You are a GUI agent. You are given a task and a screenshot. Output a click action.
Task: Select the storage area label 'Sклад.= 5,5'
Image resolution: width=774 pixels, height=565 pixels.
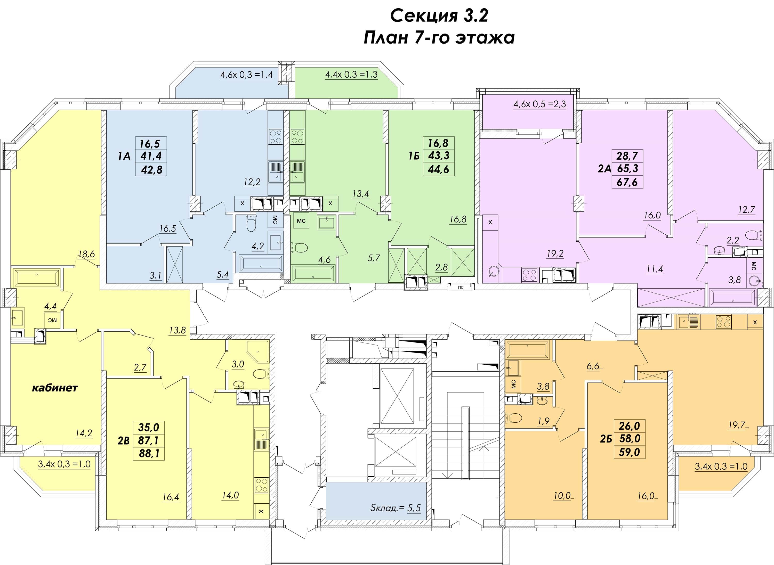tap(395, 508)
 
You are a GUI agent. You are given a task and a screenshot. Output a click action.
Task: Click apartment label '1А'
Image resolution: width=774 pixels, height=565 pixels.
tap(124, 156)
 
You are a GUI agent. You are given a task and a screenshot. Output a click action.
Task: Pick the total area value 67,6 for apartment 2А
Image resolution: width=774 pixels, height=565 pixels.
tap(627, 182)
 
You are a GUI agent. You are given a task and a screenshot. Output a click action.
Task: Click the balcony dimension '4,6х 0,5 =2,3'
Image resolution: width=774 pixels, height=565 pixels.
tap(540, 104)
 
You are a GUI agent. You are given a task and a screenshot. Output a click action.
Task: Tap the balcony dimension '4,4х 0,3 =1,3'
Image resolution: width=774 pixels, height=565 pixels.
tap(351, 75)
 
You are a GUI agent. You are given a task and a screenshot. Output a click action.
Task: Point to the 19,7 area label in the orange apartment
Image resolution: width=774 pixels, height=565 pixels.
tap(737, 425)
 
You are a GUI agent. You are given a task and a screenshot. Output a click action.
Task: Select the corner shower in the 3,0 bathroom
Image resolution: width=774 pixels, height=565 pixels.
tap(257, 351)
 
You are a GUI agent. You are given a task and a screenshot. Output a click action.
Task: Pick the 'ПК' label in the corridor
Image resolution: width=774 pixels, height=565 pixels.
tap(461, 288)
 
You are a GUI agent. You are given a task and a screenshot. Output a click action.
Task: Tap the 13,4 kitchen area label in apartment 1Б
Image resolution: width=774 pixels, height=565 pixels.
tap(361, 194)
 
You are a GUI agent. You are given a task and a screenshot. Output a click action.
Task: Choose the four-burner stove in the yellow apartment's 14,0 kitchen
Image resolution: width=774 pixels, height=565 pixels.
tap(261, 485)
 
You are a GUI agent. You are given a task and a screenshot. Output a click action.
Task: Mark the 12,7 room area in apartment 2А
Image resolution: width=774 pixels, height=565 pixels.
tap(746, 209)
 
